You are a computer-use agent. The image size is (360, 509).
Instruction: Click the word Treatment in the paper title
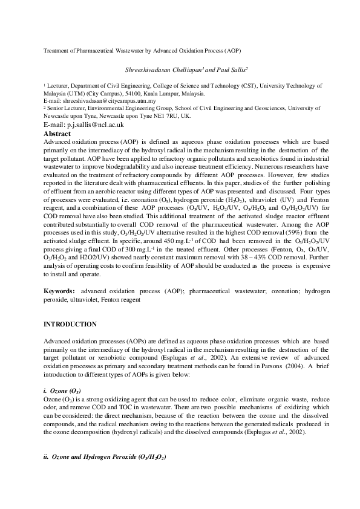(x=56, y=51)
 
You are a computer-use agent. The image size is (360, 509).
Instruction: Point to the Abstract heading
(x=57, y=133)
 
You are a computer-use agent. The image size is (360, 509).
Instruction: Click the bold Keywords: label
(x=59, y=291)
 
